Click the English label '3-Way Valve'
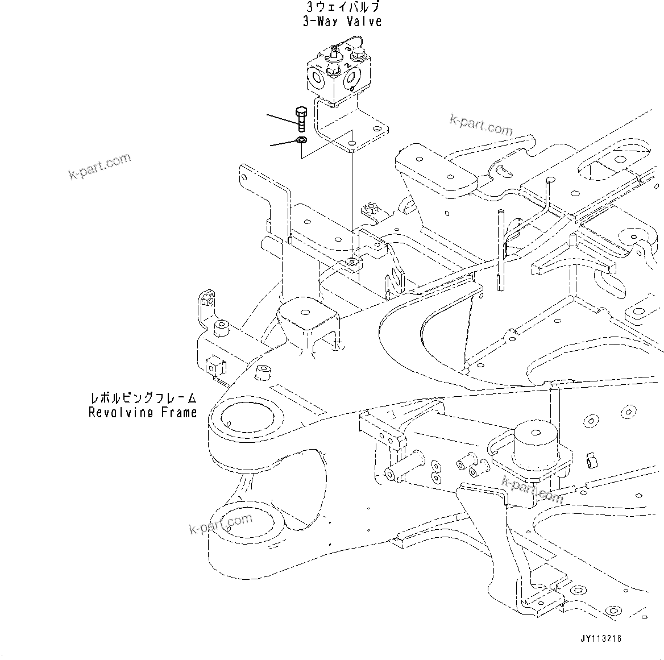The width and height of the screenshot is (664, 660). click(342, 22)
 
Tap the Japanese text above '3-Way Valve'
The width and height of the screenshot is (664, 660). click(342, 7)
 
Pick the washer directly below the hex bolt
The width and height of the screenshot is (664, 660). click(301, 140)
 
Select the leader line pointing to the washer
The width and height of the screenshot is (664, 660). click(283, 143)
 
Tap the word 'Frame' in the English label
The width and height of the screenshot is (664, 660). click(179, 412)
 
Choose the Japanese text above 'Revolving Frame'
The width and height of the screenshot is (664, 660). click(143, 398)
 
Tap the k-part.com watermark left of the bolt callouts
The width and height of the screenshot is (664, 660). click(99, 166)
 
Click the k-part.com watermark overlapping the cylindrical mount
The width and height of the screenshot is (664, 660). click(532, 489)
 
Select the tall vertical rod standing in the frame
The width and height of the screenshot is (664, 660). click(501, 250)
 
